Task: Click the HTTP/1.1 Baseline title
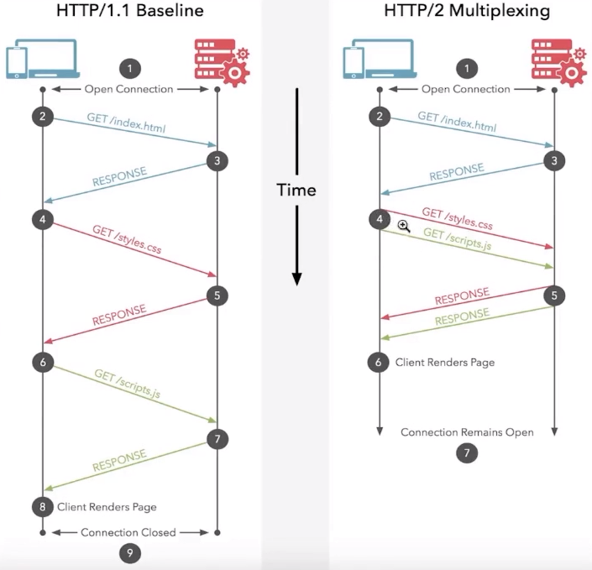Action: pyautogui.click(x=130, y=12)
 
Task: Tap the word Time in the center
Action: pyautogui.click(x=296, y=190)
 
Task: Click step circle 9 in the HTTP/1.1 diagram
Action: pyautogui.click(x=130, y=553)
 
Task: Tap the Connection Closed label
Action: pyautogui.click(x=128, y=532)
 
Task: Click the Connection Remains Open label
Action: pyautogui.click(x=467, y=432)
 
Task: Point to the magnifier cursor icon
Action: pyautogui.click(x=404, y=226)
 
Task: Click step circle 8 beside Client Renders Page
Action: pyautogui.click(x=42, y=506)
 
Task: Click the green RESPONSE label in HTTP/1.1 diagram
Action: pyautogui.click(x=119, y=462)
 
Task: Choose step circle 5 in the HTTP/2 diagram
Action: pyautogui.click(x=553, y=295)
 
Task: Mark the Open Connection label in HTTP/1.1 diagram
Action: pyautogui.click(x=128, y=89)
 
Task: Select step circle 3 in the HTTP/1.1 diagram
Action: pyautogui.click(x=217, y=159)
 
